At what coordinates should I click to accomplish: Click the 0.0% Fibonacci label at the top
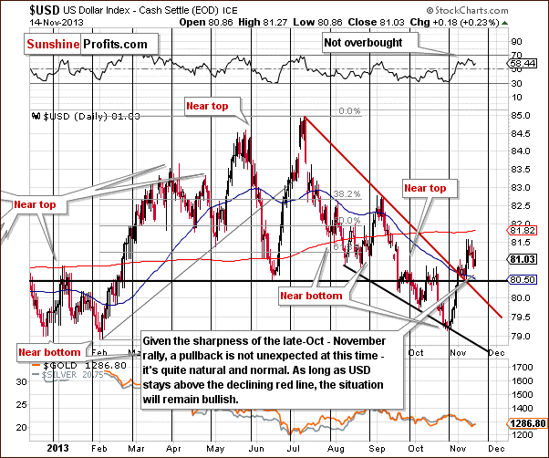point(350,111)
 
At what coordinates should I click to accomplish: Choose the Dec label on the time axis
point(494,448)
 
